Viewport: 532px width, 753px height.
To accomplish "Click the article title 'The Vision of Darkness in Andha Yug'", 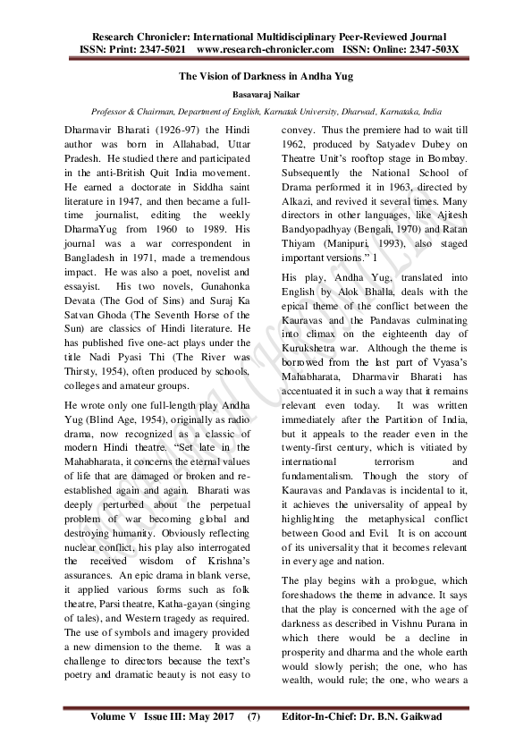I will [266, 76].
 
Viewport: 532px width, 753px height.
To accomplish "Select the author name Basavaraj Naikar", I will [266, 94].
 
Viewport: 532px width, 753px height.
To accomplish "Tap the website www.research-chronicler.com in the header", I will [265, 48].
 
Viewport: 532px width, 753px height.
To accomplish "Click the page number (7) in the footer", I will [254, 716].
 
